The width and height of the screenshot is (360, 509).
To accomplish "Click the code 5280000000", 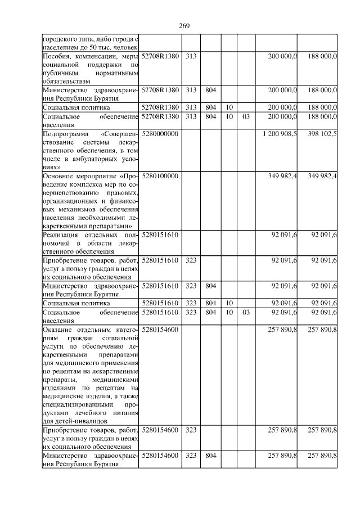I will click(x=160, y=134).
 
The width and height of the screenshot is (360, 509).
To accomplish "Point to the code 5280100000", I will click(x=160, y=176).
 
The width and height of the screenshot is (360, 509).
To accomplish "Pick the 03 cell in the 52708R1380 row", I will click(x=245, y=116).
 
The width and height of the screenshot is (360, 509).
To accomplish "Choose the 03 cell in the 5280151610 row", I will click(x=245, y=312).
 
